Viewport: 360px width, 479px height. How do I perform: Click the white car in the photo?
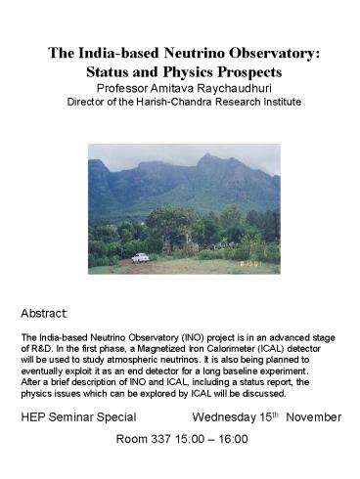tap(140, 258)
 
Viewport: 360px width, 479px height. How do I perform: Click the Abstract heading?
tap(43, 315)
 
